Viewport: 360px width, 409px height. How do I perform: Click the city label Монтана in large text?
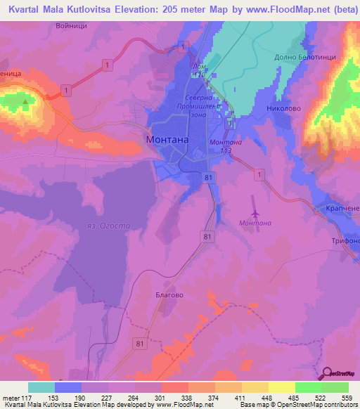[x=167, y=139]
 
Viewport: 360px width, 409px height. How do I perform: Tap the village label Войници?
[x=72, y=25]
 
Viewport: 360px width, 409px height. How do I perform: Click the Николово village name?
[x=284, y=109]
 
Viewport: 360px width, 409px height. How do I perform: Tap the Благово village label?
[x=169, y=295]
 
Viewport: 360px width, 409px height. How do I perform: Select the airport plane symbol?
[x=254, y=212]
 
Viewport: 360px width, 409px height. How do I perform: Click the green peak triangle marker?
[x=26, y=101]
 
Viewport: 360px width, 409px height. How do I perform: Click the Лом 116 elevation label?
[x=198, y=70]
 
